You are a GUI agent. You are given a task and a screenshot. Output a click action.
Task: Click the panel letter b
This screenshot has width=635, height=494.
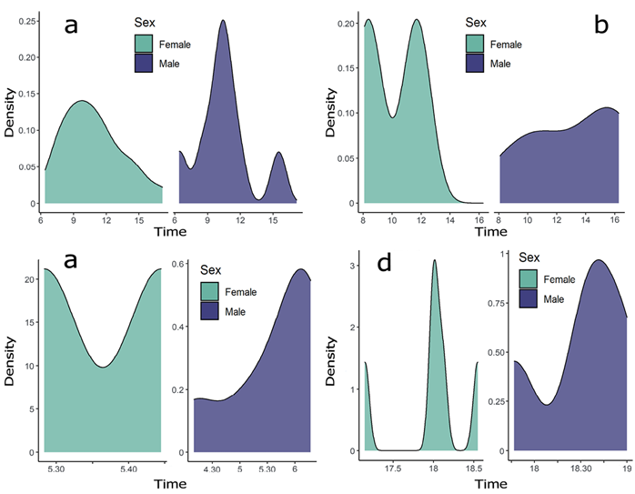pyautogui.click(x=601, y=25)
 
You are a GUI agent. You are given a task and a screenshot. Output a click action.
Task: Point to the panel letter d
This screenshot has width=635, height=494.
pyautogui.click(x=385, y=265)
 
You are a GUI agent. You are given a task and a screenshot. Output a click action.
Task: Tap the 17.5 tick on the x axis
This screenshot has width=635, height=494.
pyautogui.click(x=394, y=469)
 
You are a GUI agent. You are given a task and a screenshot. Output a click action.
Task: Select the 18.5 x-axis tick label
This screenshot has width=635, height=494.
pyautogui.click(x=472, y=469)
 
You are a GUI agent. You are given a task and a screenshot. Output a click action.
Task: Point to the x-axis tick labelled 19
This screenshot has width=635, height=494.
pyautogui.click(x=627, y=469)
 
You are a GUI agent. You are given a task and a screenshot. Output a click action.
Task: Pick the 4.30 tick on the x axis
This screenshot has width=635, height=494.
pyautogui.click(x=212, y=469)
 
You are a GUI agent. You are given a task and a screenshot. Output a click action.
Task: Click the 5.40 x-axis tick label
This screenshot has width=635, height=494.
pyautogui.click(x=127, y=469)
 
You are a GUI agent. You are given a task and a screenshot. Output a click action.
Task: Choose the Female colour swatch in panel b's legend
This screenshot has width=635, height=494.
pyautogui.click(x=476, y=44)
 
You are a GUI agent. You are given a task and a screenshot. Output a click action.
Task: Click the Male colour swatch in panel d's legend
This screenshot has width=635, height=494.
pyautogui.click(x=532, y=298)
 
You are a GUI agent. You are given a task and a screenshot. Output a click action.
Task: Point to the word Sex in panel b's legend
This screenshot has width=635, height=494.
pyautogui.click(x=476, y=22)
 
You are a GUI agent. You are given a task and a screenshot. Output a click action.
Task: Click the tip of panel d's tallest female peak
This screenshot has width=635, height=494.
pyautogui.click(x=435, y=260)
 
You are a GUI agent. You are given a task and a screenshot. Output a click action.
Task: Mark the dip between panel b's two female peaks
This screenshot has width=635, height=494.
pyautogui.click(x=392, y=117)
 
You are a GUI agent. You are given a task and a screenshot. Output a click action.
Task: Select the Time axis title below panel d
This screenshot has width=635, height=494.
pyautogui.click(x=490, y=482)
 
